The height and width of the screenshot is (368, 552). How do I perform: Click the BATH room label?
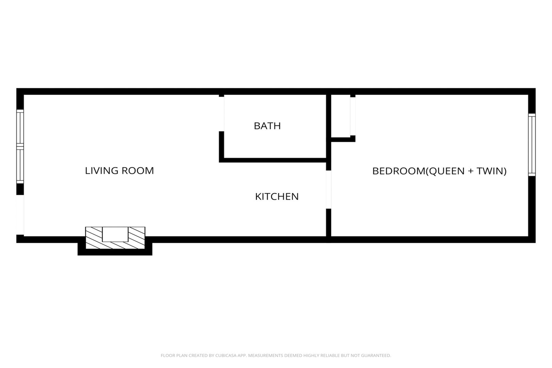tap(267, 126)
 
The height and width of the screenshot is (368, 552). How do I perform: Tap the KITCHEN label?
tap(277, 197)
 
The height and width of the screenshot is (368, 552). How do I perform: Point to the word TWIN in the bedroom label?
tap(489, 171)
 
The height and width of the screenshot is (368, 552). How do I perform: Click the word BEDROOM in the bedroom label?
tap(399, 171)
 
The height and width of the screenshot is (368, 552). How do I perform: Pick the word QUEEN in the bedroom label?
tap(447, 171)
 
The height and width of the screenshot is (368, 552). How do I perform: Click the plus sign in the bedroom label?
tap(471, 171)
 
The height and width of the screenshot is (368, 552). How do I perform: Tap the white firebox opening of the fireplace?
tap(115, 234)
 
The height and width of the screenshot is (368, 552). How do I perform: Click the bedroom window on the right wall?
tap(532, 145)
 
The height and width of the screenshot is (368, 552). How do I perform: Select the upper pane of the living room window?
tap(20, 128)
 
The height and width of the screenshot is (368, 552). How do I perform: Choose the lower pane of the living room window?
tap(20, 165)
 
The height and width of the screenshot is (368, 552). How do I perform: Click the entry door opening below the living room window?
tap(20, 215)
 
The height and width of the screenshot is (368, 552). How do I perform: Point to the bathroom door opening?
tap(222, 114)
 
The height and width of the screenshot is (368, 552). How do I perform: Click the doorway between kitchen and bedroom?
tap(329, 189)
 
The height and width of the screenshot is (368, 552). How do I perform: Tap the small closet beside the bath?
tap(340, 116)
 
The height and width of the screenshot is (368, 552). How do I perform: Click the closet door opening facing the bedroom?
tap(353, 116)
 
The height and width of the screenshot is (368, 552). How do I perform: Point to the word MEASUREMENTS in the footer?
tap(266, 355)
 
